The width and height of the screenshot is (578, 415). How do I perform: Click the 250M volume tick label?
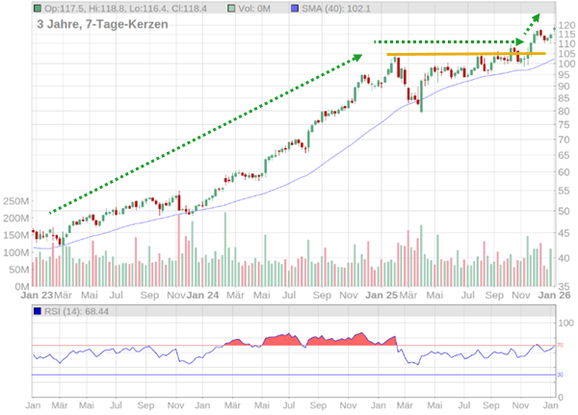pyautogui.click(x=16, y=202)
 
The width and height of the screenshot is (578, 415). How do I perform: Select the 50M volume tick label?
pyautogui.click(x=19, y=270)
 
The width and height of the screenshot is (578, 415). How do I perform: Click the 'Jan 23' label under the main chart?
pyautogui.click(x=37, y=296)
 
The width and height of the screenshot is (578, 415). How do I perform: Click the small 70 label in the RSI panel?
pyautogui.click(x=560, y=345)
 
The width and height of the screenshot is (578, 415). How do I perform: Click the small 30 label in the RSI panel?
pyautogui.click(x=560, y=375)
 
